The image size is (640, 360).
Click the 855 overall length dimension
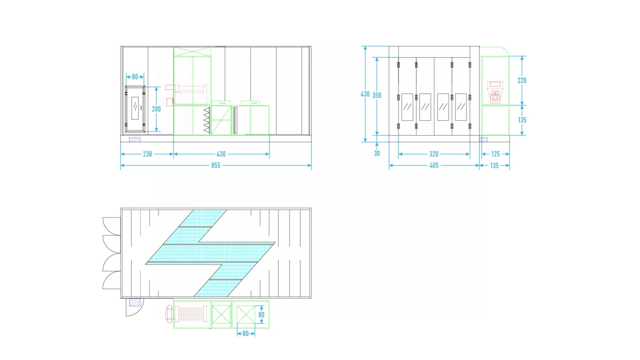coord(216,165)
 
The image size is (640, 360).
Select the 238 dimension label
coord(147,154)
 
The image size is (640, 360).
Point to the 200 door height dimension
coord(156,109)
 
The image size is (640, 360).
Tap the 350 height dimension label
coord(377,95)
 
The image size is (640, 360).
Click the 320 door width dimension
coord(434,154)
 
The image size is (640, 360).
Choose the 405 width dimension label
coord(434,165)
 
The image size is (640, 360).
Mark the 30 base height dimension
coord(377,153)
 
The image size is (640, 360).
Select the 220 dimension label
coord(522,80)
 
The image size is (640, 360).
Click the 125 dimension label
coord(496,154)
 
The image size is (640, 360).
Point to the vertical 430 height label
coord(365,94)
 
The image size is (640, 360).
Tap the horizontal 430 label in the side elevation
coord(221,154)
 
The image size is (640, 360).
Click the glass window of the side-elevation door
coord(135,108)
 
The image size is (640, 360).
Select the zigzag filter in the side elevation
coord(207,119)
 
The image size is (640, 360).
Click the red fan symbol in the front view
coord(495,97)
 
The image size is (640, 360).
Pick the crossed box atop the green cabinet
coord(192,52)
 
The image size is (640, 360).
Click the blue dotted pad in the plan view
coord(135,302)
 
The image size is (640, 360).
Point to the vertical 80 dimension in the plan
coord(261,315)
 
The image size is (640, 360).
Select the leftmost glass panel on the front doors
coord(407,107)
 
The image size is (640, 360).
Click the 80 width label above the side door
coord(135,77)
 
